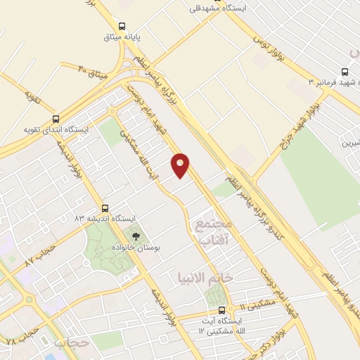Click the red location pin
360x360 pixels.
[x=181, y=165]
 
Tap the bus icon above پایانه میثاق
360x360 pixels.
[x=122, y=22]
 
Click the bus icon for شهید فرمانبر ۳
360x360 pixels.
[x=345, y=72]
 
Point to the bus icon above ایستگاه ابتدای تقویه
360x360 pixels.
[x=56, y=119]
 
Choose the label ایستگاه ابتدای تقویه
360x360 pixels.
[x=57, y=130]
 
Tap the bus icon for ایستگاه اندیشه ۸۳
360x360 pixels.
[x=105, y=208]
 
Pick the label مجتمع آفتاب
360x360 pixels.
[x=212, y=231]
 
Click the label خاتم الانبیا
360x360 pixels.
[x=219, y=277]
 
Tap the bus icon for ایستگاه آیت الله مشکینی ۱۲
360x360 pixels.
[x=221, y=309]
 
